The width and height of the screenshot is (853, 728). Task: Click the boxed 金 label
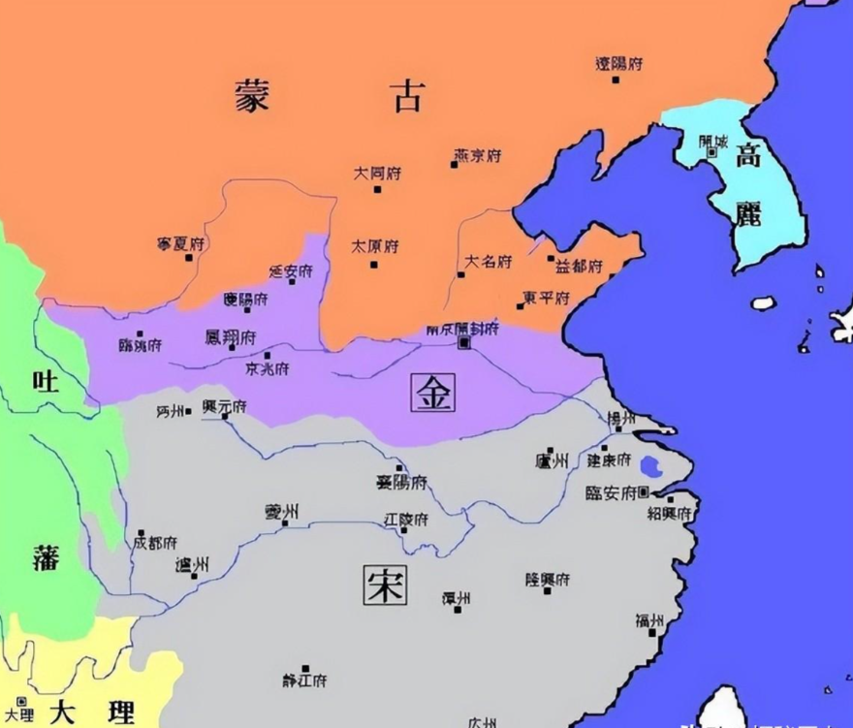point(431,392)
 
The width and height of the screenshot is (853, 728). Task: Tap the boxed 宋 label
point(385,585)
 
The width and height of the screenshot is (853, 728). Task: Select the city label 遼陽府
point(618,64)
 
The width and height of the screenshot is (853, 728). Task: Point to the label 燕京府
point(477,154)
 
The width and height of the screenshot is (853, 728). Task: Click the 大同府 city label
point(377,174)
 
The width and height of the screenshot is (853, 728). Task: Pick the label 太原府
point(374,246)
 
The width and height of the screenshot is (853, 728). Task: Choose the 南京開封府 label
point(462,330)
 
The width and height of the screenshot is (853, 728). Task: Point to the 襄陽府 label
point(401,482)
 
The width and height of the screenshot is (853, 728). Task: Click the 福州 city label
point(649,620)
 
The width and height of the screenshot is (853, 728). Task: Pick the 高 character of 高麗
point(747,156)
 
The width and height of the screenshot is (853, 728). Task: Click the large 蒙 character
point(251,96)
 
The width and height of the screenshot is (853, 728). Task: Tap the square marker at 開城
point(712,151)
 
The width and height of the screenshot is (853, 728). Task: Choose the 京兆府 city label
point(267,369)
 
